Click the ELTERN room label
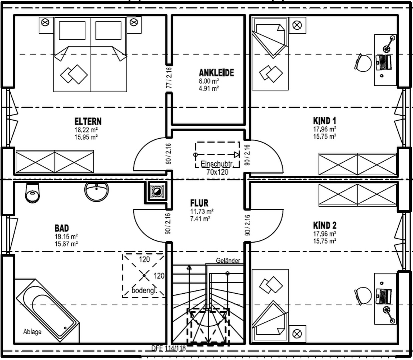(x=88, y=121)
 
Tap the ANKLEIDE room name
(x=217, y=73)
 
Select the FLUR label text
(x=199, y=203)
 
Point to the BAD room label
(x=62, y=228)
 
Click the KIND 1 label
(x=325, y=121)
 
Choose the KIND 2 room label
(x=325, y=225)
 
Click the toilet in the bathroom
(x=32, y=193)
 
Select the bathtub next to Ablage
(x=48, y=310)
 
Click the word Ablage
(x=32, y=332)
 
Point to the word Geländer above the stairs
(x=228, y=261)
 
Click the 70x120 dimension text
(x=218, y=172)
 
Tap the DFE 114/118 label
(x=168, y=348)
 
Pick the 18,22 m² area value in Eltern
(x=86, y=129)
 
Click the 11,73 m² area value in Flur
(x=202, y=211)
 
